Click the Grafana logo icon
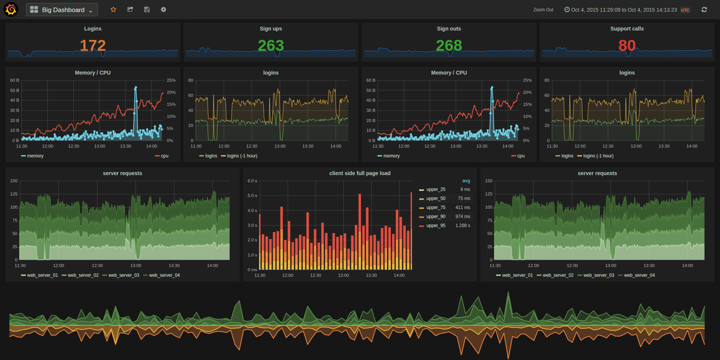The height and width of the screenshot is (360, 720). pos(11,9)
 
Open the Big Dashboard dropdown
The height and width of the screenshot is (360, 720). pos(62,10)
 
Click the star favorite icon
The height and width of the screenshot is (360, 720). pos(113,9)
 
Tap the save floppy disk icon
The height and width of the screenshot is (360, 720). pos(147,9)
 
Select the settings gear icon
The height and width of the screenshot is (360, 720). pos(163,9)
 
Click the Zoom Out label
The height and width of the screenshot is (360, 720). pos(543,10)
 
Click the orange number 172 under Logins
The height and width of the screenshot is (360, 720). pos(93,45)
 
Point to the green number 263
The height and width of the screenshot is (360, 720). pos(271,45)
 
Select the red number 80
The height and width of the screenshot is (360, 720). pos(627,45)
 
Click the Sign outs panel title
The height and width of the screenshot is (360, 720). pos(449,29)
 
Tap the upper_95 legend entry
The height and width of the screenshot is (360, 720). pos(436,225)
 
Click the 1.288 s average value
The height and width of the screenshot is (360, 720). pos(463,225)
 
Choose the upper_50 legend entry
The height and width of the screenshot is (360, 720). pos(436,198)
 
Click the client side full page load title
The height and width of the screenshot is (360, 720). pos(360,173)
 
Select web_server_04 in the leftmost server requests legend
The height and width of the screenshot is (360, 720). pos(164,275)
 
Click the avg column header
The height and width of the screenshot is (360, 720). pos(466,181)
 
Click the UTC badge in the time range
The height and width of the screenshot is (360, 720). pos(685,10)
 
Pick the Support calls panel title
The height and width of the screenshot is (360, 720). pos(627,29)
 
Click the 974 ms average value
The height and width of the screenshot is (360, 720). pos(463,216)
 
